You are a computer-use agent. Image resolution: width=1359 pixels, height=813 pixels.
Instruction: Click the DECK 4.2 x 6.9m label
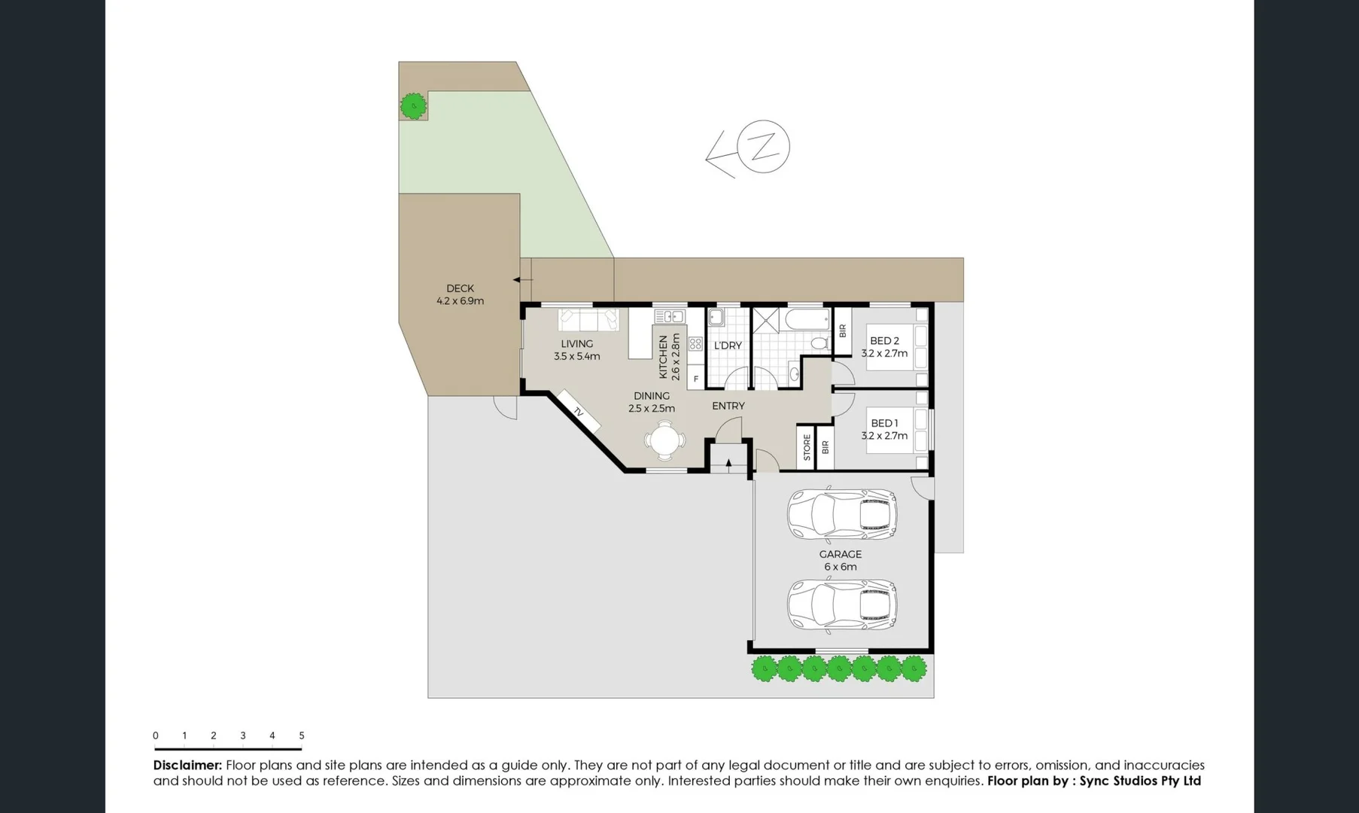point(460,294)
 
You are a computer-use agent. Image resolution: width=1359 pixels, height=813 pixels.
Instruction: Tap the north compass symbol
point(762,147)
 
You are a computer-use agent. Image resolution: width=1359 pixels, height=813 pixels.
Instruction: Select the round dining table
point(664,440)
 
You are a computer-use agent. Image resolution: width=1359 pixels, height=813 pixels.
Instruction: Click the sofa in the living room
point(588,320)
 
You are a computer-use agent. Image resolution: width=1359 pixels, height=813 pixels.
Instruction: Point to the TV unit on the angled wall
point(578,411)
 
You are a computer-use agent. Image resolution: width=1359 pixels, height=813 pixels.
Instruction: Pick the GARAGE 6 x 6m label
point(840,560)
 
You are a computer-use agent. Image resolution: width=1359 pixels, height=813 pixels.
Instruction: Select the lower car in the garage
point(841,604)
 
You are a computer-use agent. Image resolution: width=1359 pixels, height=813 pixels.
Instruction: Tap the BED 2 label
point(884,341)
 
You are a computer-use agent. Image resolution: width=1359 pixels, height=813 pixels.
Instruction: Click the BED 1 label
point(884,423)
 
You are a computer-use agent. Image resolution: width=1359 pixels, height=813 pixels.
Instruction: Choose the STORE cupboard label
point(807,447)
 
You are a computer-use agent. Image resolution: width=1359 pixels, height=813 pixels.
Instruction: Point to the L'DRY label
point(728,346)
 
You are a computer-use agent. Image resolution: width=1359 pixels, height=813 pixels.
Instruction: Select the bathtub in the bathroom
point(807,320)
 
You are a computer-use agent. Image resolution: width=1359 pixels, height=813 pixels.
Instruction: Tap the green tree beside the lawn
point(413,106)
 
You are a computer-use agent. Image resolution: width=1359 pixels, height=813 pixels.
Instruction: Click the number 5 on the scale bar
point(301,735)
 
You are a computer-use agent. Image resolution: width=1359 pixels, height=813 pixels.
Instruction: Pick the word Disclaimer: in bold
point(187,765)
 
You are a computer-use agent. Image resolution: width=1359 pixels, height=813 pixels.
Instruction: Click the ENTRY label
point(728,406)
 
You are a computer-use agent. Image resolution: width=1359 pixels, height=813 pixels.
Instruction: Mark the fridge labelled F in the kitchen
point(696,379)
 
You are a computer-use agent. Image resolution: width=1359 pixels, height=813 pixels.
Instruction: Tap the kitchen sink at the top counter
point(669,316)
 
